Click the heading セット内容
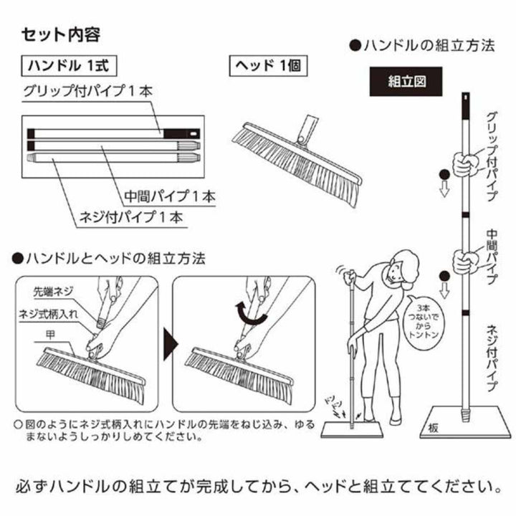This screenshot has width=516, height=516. point(59,34)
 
